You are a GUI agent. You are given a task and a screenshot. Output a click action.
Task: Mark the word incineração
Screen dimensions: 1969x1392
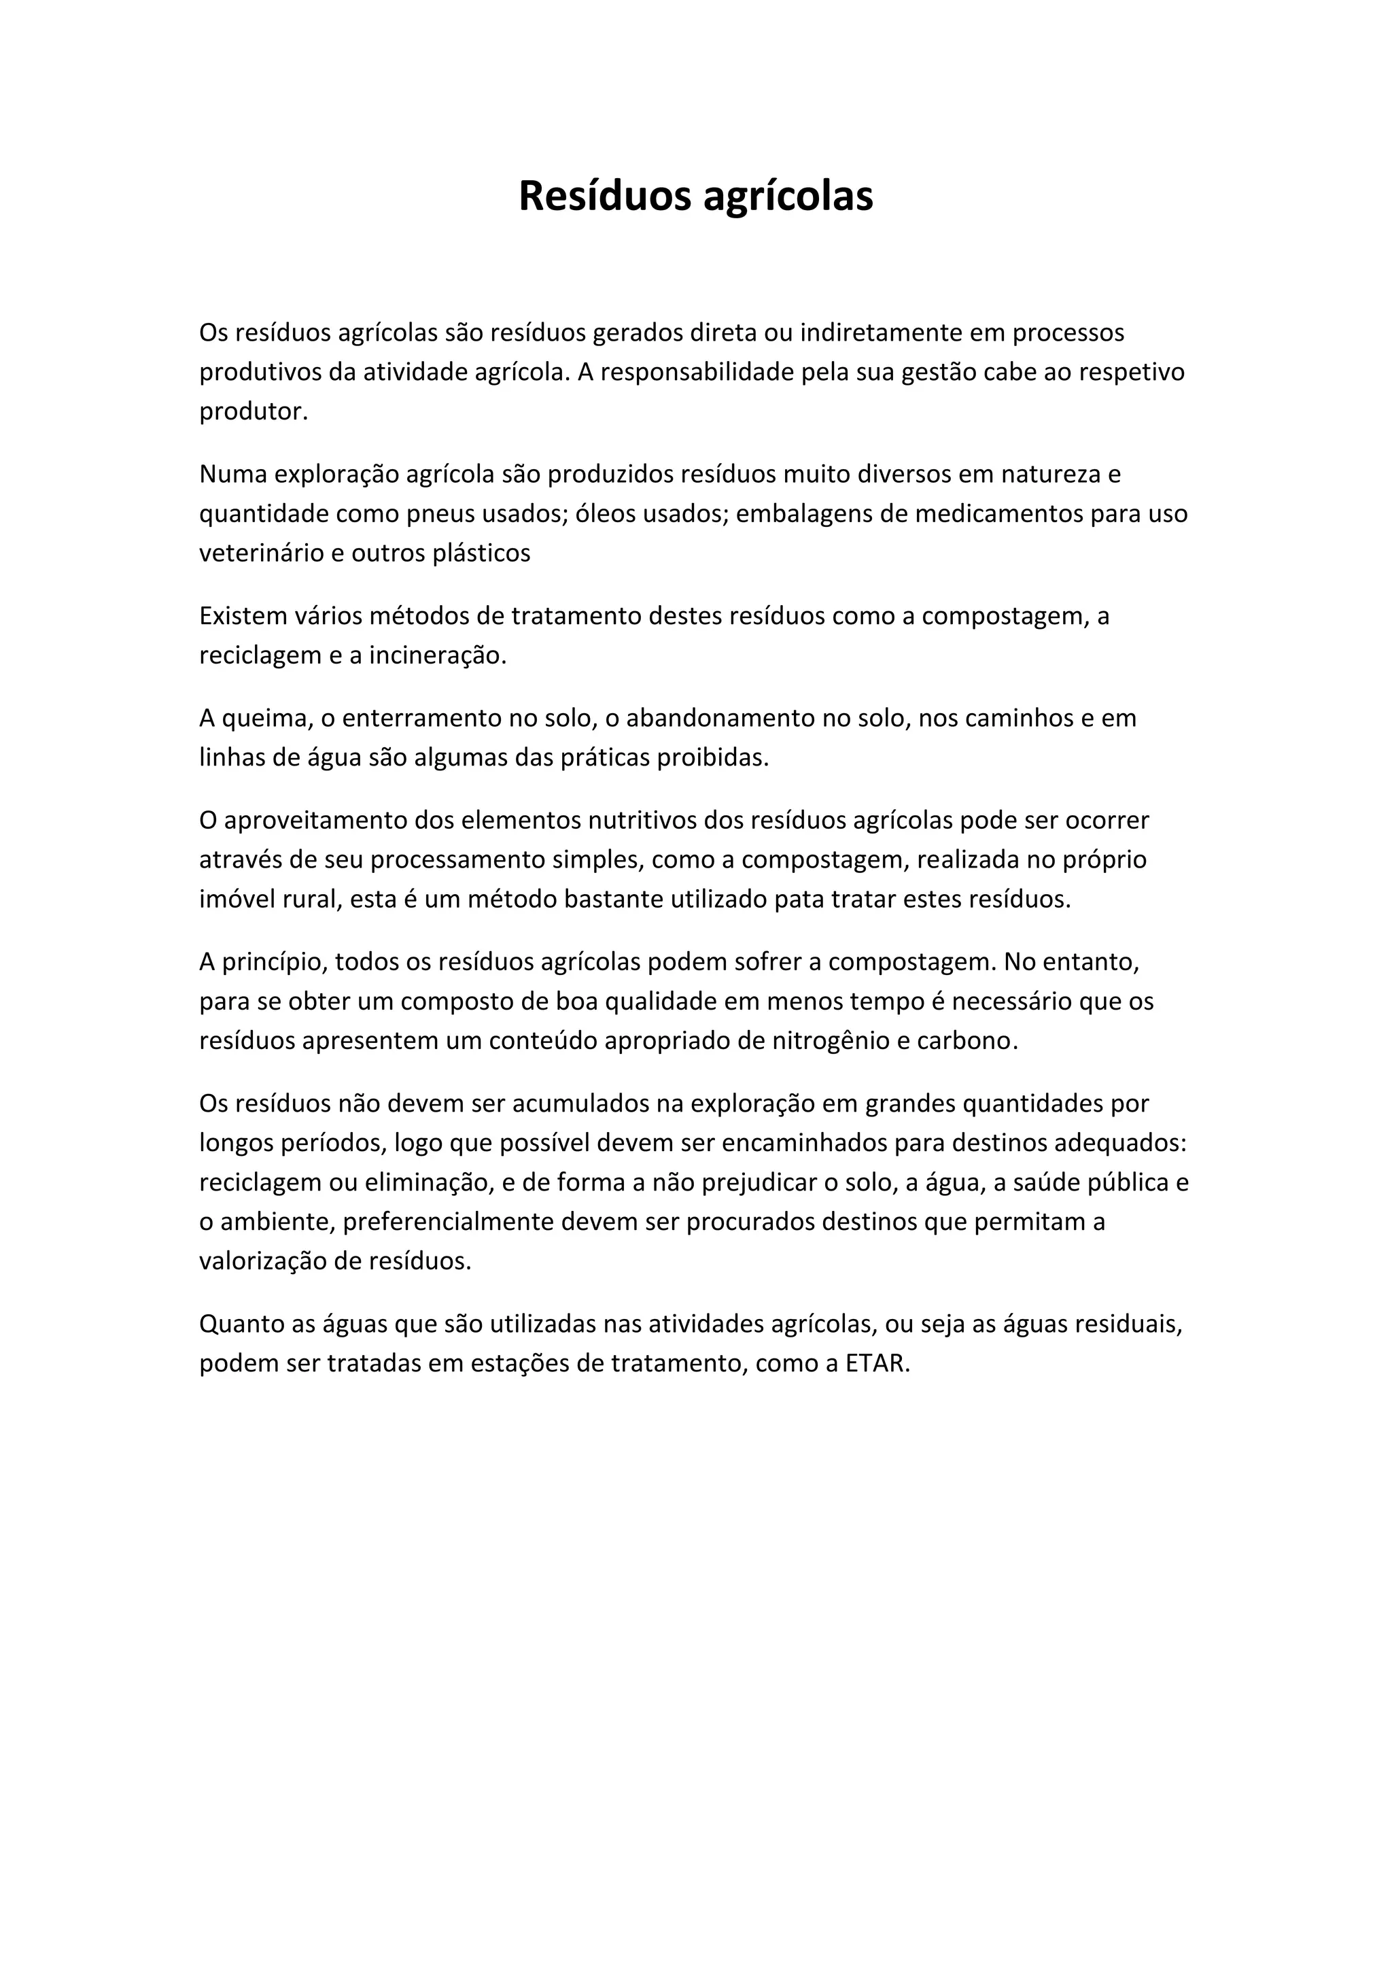tap(439, 656)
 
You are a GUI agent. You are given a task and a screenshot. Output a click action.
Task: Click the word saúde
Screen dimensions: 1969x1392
tap(1047, 1182)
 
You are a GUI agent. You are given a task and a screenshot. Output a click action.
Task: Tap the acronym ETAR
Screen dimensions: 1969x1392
tap(877, 1364)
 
